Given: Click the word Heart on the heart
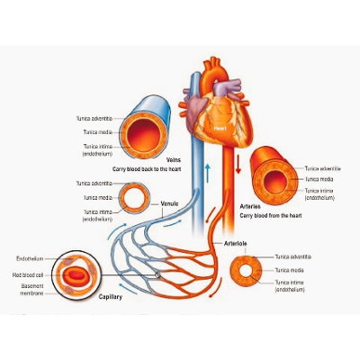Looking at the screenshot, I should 219,129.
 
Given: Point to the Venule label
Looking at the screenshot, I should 168,202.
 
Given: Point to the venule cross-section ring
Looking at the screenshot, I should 138,197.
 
